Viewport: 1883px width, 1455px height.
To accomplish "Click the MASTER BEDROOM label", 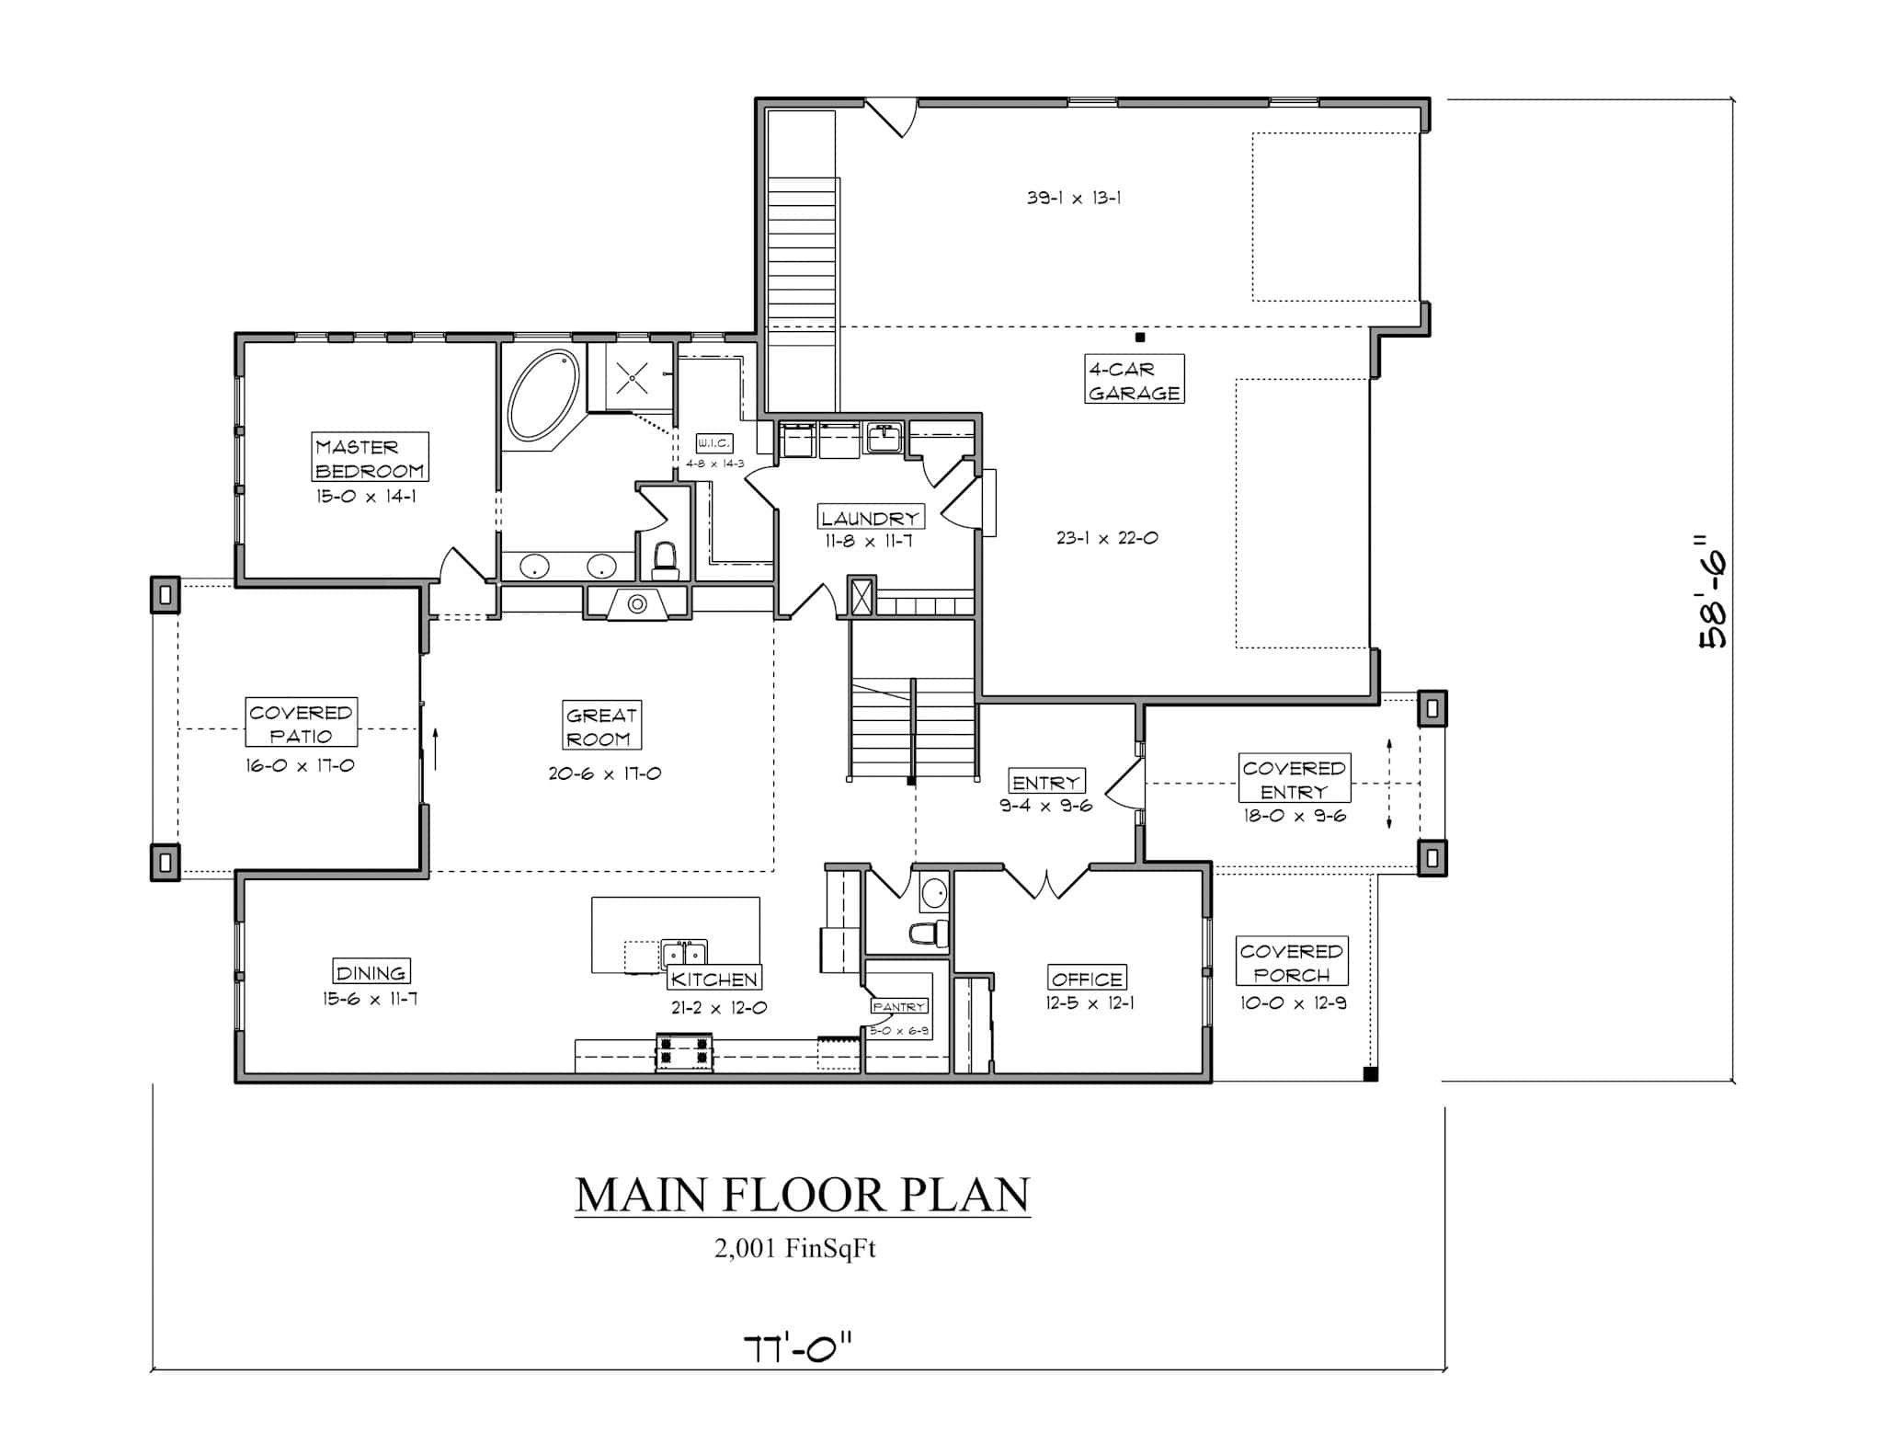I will (x=370, y=458).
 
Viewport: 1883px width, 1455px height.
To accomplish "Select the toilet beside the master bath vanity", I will (x=664, y=559).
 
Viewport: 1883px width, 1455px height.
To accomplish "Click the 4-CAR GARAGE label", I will (x=1134, y=380).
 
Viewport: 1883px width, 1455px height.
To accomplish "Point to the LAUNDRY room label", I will (x=870, y=518).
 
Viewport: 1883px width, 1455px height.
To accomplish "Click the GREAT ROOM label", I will (x=601, y=727).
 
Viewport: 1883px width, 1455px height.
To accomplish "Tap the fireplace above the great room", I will (x=637, y=604).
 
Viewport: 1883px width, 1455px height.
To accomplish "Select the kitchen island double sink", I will (x=684, y=953).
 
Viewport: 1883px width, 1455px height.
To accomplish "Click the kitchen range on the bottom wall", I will (x=683, y=1054).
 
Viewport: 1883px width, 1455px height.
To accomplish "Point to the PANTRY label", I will (x=898, y=1006).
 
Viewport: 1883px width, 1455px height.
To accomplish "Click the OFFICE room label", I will (x=1087, y=979).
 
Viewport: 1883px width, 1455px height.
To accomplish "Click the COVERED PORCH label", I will (x=1291, y=962).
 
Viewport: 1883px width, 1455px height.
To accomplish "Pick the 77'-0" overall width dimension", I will (x=798, y=1349).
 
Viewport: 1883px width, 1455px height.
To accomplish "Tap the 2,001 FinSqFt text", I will (x=795, y=1249).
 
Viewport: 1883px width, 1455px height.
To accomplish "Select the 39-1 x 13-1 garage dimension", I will (x=1073, y=198).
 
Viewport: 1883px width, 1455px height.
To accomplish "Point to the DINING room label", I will (x=371, y=972).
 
